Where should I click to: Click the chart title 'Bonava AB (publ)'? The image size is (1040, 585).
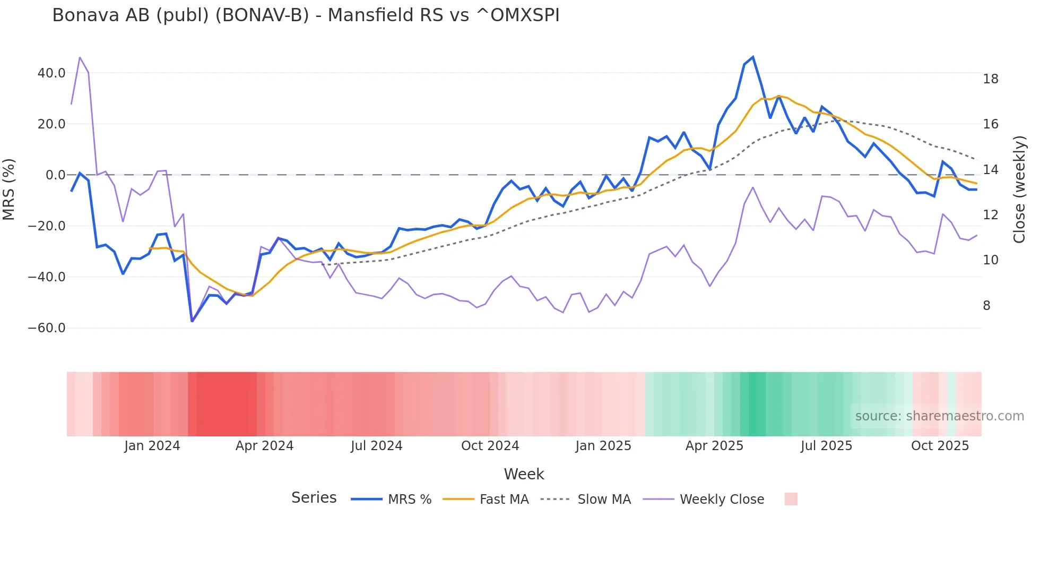click(x=306, y=15)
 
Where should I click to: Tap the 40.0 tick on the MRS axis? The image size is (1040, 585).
click(x=51, y=73)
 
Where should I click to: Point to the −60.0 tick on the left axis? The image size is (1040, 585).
click(x=47, y=328)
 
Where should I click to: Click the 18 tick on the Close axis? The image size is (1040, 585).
click(x=990, y=79)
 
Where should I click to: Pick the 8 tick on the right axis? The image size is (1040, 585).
click(x=986, y=306)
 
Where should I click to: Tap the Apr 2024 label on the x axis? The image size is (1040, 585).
click(x=264, y=446)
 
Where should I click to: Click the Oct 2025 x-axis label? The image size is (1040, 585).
click(x=940, y=446)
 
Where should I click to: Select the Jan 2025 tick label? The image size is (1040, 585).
click(x=603, y=446)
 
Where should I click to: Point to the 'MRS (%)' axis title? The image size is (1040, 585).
click(x=9, y=190)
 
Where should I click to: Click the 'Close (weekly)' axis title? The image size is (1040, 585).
click(x=1019, y=190)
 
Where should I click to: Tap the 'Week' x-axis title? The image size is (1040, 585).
click(x=524, y=474)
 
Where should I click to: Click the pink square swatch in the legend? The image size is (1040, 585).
click(x=791, y=499)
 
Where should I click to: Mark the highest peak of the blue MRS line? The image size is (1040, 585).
click(x=752, y=57)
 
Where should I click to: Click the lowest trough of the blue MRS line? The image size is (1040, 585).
click(x=192, y=321)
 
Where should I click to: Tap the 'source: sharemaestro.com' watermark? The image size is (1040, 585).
click(x=939, y=416)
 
